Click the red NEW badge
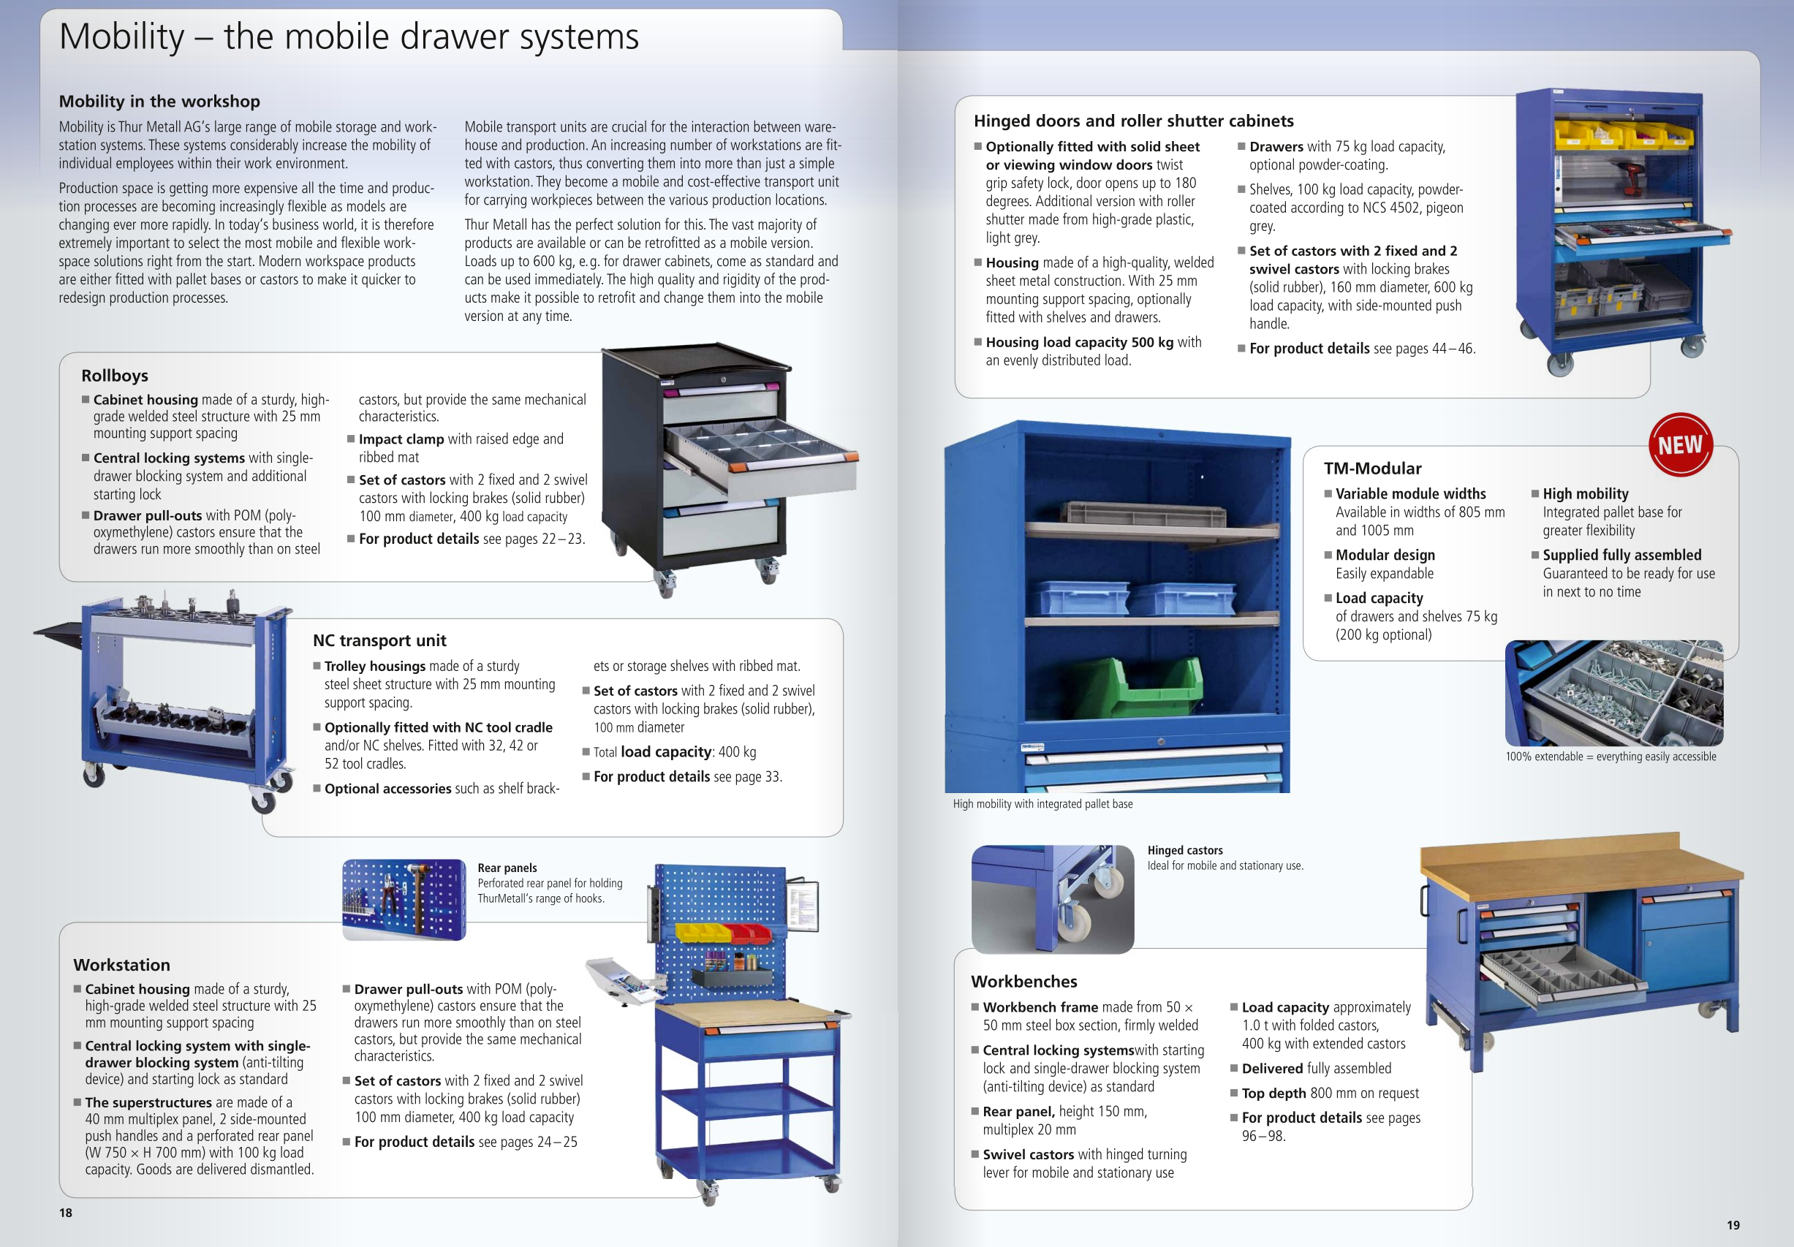(1680, 444)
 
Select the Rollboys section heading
(115, 376)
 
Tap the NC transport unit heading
(379, 641)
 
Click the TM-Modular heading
(1372, 469)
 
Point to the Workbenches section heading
(1023, 982)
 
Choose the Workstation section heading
(122, 965)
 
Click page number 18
(66, 1213)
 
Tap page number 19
(1733, 1225)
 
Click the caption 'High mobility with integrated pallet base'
(1042, 804)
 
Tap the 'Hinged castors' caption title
(1184, 850)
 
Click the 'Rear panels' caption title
(507, 868)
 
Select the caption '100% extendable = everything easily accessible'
(1611, 757)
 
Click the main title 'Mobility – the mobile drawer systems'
(349, 37)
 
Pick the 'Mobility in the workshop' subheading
(159, 102)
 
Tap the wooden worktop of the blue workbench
(1578, 868)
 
